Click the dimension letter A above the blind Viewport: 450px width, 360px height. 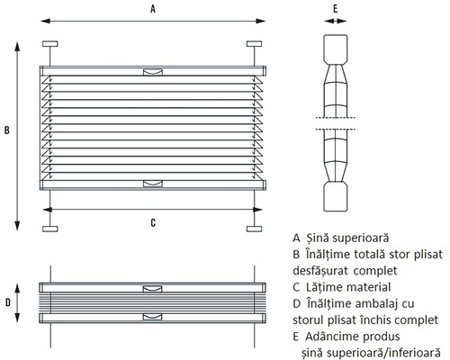[x=153, y=9]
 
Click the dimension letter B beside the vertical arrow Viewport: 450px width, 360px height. [x=7, y=130]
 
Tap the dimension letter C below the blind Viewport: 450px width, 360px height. [x=153, y=222]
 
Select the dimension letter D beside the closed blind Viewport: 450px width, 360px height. [x=8, y=302]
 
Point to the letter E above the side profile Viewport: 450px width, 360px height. [x=336, y=9]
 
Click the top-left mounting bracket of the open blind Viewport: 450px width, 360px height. [x=50, y=44]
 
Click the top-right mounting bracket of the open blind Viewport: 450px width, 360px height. [x=255, y=44]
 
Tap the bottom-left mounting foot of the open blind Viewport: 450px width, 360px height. [x=50, y=229]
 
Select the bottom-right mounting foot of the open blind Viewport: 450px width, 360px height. [x=255, y=229]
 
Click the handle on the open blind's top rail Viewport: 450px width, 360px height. [x=153, y=72]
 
